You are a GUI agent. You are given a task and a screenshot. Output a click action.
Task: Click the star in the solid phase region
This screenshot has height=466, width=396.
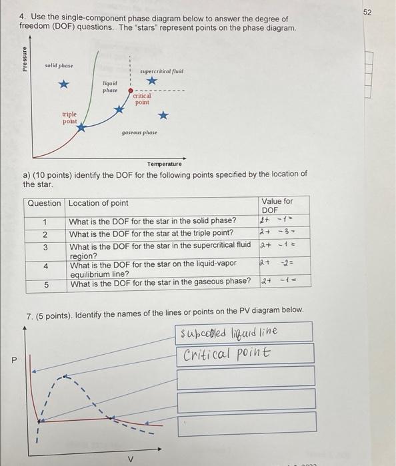pyautogui.click(x=63, y=85)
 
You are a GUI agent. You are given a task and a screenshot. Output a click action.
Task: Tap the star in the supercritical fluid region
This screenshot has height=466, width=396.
pyautogui.click(x=153, y=81)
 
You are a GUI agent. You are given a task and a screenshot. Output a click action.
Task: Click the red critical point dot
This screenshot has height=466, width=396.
pyautogui.click(x=131, y=91)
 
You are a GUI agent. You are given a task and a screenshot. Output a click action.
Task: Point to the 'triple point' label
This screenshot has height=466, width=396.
pyautogui.click(x=69, y=117)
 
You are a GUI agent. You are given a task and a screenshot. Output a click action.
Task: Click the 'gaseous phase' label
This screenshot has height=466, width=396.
pyautogui.click(x=139, y=132)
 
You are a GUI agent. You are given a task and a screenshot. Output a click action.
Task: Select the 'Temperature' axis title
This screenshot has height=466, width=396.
pyautogui.click(x=164, y=164)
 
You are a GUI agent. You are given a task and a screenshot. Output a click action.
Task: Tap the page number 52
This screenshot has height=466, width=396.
pyautogui.click(x=387, y=13)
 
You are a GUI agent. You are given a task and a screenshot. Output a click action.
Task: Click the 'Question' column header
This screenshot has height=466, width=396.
pyautogui.click(x=45, y=203)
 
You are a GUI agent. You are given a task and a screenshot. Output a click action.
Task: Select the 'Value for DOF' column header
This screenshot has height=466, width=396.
pyautogui.click(x=277, y=205)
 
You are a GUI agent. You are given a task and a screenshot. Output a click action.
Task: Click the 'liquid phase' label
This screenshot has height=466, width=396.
pyautogui.click(x=110, y=87)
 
